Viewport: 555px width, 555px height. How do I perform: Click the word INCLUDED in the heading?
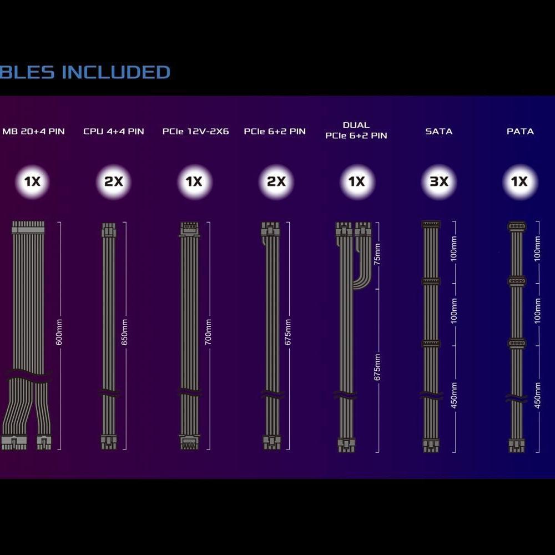coord(116,72)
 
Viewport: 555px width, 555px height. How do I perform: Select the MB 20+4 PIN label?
coord(33,132)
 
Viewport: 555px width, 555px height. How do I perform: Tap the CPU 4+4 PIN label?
coord(114,132)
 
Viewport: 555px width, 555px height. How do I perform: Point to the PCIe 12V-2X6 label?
coord(195,132)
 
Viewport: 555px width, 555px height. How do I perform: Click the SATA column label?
coord(438,132)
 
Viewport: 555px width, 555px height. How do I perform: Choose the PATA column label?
coord(520,132)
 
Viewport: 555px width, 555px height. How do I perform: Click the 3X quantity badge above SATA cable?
coord(438,181)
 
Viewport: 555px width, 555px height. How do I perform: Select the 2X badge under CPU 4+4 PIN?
coord(114,181)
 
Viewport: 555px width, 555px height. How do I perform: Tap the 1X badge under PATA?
coord(520,181)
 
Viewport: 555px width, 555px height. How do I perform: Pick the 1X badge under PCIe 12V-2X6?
coord(195,181)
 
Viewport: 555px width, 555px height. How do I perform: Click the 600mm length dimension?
coord(59,332)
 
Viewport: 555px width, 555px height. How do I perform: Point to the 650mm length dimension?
coord(124,332)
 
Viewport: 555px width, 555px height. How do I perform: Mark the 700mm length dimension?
coord(208,332)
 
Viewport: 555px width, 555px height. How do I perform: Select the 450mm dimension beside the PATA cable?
coord(537,395)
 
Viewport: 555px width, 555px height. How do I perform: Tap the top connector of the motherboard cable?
coord(28,227)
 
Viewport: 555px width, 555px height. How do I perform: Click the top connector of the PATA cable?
coord(517,226)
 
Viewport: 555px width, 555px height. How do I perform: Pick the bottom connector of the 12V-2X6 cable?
coord(189,442)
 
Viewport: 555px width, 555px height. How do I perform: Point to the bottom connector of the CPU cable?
coord(109,442)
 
